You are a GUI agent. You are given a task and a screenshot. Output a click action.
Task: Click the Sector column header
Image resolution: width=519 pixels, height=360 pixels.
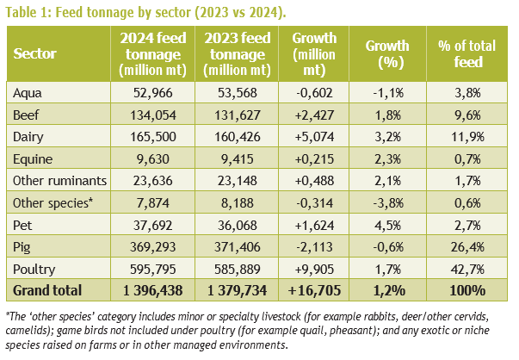[34, 53]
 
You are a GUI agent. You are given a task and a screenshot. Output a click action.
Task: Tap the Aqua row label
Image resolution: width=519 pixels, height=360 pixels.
[28, 93]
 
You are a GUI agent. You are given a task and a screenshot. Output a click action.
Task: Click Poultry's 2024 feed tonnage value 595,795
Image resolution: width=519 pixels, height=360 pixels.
[153, 269]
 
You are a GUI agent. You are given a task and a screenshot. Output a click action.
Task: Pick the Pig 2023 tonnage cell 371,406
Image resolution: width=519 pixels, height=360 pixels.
[237, 247]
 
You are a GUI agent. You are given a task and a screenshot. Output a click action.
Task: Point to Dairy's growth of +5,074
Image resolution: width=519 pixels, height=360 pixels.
[314, 137]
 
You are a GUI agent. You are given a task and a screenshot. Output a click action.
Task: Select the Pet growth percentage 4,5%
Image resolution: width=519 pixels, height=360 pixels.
[387, 225]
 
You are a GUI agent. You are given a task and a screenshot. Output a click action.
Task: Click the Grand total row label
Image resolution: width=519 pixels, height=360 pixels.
[47, 290]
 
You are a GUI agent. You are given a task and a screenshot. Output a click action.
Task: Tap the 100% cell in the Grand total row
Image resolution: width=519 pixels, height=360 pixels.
[467, 290]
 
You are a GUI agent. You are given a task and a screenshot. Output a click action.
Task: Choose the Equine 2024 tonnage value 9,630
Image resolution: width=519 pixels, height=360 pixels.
[153, 159]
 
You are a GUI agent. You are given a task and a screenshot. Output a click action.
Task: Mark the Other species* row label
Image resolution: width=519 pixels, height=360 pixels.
[53, 203]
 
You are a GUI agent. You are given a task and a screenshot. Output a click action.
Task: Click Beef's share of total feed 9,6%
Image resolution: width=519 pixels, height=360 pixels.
[467, 115]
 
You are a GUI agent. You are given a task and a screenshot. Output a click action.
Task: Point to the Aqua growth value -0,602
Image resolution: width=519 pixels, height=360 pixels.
[314, 93]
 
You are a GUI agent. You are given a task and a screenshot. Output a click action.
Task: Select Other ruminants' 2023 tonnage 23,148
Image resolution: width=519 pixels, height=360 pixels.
[237, 181]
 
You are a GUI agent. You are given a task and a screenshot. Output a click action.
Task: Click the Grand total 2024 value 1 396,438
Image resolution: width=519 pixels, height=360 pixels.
[153, 290]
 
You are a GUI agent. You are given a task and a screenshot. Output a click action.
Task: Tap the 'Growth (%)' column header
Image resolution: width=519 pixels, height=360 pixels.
[387, 53]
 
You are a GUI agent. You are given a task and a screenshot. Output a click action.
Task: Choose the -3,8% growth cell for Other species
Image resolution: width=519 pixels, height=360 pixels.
[388, 203]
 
